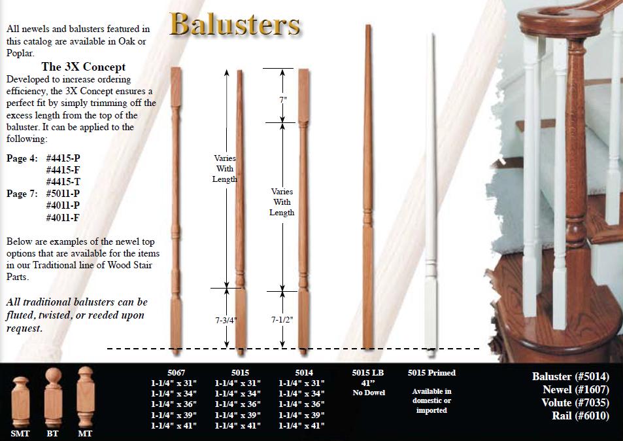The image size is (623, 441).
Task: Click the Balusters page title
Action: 235,24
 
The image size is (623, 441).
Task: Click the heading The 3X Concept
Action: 83,67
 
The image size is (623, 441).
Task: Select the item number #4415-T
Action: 67,182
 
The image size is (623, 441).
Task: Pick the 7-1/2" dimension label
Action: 282,321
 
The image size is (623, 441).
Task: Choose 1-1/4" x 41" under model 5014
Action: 301,426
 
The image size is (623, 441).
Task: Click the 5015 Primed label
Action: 431,373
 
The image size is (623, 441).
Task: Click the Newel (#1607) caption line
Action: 575,389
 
